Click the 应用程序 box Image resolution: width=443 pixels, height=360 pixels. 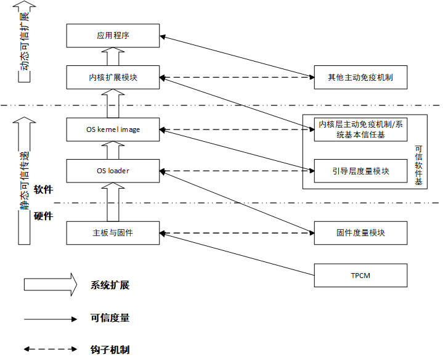click(113, 36)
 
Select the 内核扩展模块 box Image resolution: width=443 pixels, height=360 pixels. click(113, 78)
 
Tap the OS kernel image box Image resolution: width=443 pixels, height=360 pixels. click(113, 129)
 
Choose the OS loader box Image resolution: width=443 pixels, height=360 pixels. click(113, 170)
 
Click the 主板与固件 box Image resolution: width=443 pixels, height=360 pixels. click(113, 233)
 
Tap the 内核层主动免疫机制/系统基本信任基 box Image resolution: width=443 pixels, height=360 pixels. click(360, 129)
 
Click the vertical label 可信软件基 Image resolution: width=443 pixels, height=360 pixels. click(418, 165)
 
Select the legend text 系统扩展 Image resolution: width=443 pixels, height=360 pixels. click(110, 285)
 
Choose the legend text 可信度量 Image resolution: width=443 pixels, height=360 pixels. click(110, 319)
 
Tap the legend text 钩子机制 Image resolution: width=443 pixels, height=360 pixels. click(110, 350)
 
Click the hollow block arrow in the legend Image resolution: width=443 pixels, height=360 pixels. click(50, 285)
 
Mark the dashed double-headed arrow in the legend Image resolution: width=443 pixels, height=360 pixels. click(50, 350)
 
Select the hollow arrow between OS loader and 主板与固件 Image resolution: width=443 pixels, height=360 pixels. click(113, 202)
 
